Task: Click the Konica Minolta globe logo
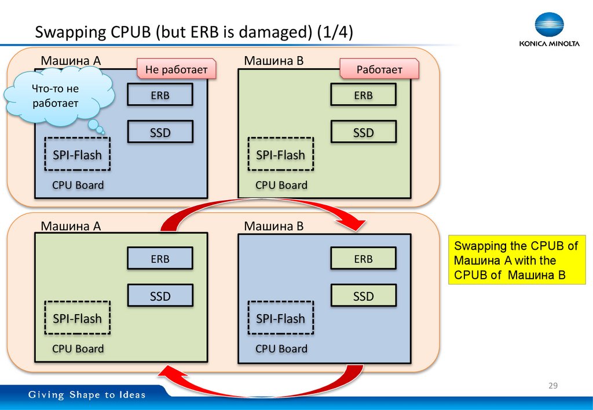(x=549, y=24)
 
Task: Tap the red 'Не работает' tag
(x=176, y=70)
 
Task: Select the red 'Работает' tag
(x=379, y=70)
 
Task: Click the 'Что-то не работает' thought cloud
(x=58, y=97)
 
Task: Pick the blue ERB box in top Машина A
(x=160, y=95)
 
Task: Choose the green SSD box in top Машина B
(x=363, y=132)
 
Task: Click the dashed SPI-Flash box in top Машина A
(x=77, y=154)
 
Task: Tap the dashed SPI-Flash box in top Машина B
(x=280, y=154)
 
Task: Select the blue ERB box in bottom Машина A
(x=160, y=259)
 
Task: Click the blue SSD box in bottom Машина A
(x=160, y=296)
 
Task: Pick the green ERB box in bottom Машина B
(x=363, y=259)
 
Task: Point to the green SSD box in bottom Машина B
(x=363, y=296)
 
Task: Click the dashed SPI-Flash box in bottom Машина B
(x=280, y=319)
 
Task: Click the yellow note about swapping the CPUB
(x=515, y=260)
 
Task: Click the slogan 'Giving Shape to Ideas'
(x=87, y=396)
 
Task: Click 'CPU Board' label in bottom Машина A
(x=78, y=349)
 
